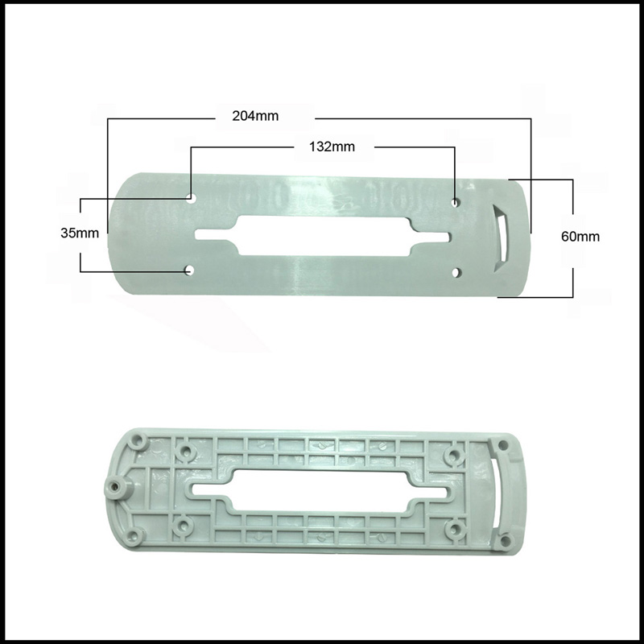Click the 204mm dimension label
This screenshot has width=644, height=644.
255,116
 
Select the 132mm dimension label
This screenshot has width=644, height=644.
332,147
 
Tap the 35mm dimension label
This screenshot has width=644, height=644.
80,233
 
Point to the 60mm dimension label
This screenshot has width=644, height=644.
580,237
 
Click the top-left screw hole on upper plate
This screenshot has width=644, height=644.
190,198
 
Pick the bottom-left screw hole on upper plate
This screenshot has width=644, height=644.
189,270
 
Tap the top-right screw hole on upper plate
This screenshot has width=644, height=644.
455,203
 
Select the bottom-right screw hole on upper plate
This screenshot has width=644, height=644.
456,272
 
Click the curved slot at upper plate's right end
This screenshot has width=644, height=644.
502,238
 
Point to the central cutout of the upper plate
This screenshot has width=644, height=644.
324,236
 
